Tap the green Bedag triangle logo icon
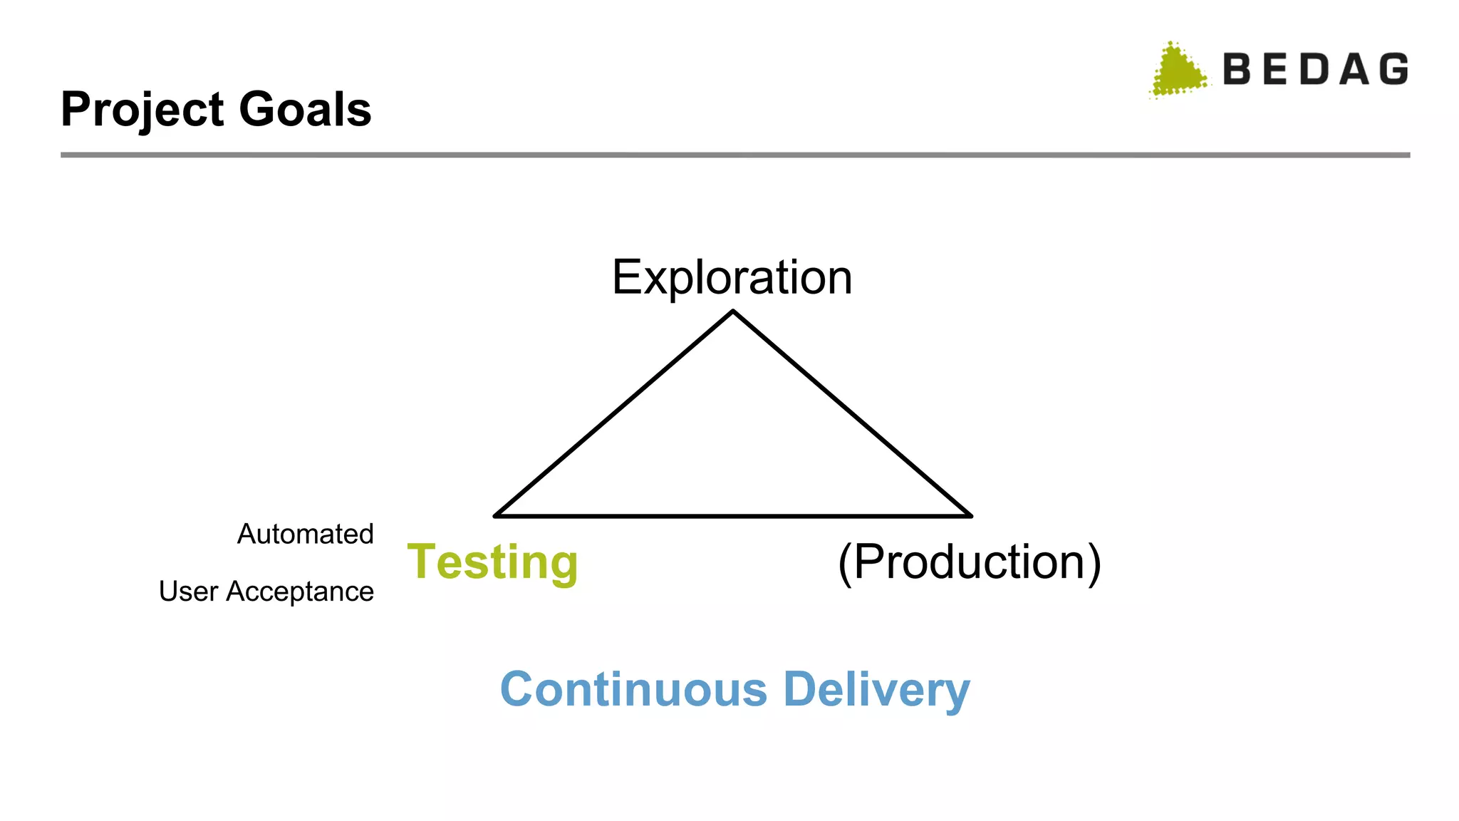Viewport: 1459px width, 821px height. tap(1178, 71)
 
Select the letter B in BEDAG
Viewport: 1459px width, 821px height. tap(1237, 70)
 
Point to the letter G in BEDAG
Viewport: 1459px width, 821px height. tap(1393, 70)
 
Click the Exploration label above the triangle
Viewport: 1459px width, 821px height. tap(732, 277)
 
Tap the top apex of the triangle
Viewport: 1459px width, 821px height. tap(733, 311)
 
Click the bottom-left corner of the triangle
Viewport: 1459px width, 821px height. tap(495, 515)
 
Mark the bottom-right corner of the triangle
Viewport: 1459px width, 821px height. tap(971, 515)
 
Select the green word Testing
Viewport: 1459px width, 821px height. tap(492, 562)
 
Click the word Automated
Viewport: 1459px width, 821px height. tap(305, 534)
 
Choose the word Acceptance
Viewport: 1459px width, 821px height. tap(300, 592)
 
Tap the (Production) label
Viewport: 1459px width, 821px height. tap(969, 562)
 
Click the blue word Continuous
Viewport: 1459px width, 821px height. tap(633, 689)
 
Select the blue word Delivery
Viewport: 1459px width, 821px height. tap(876, 690)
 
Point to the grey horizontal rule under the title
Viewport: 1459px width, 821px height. tap(734, 155)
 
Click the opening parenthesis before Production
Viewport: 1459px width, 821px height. tap(845, 563)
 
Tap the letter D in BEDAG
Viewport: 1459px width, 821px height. tap(1315, 70)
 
